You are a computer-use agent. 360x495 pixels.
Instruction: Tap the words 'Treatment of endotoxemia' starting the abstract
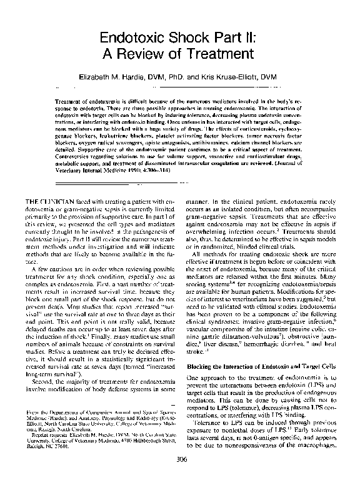[87, 101]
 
